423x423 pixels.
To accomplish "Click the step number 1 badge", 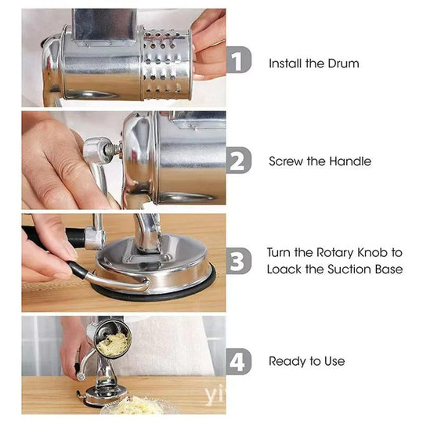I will (240, 60).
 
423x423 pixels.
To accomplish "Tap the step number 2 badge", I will (240, 161).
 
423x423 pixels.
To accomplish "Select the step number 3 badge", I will (240, 260).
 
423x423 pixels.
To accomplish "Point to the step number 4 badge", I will (240, 361).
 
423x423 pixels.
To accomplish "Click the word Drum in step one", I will (343, 63).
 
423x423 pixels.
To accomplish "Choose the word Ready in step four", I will (285, 361).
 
